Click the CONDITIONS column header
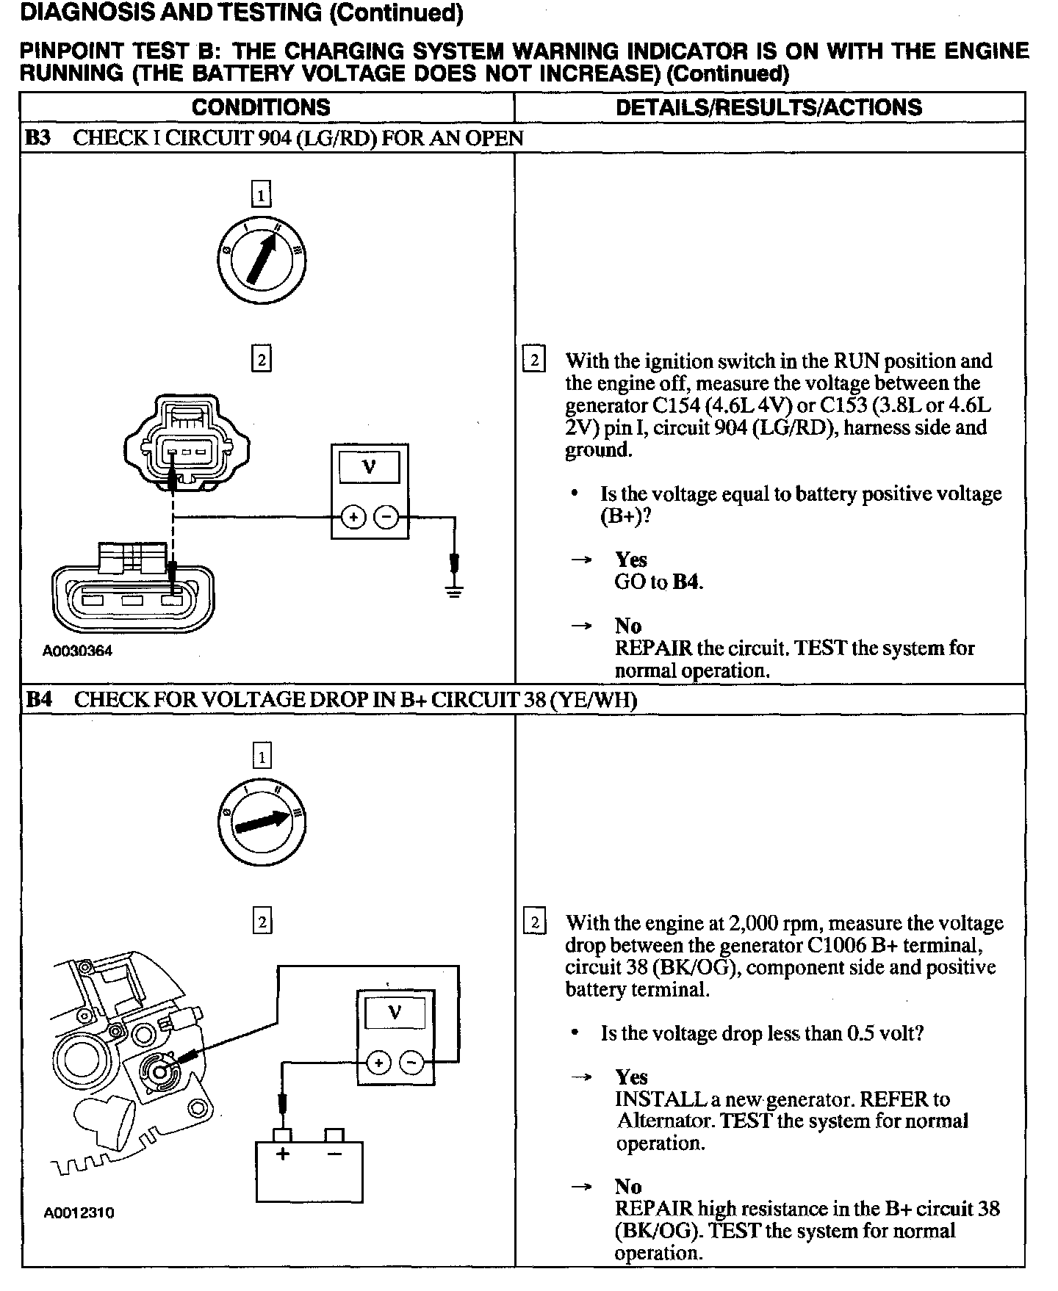point(261,107)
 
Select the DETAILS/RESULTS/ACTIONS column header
point(769,107)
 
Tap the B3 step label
point(38,138)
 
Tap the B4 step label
point(39,699)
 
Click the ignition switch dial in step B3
point(262,260)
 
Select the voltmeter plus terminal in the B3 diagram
point(353,518)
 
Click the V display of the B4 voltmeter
point(395,1013)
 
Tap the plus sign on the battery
point(283,1154)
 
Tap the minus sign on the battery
point(334,1154)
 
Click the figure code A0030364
point(77,651)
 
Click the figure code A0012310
point(79,1212)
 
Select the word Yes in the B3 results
point(631,560)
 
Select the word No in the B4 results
point(628,1186)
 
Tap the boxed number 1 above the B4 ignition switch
point(262,756)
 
